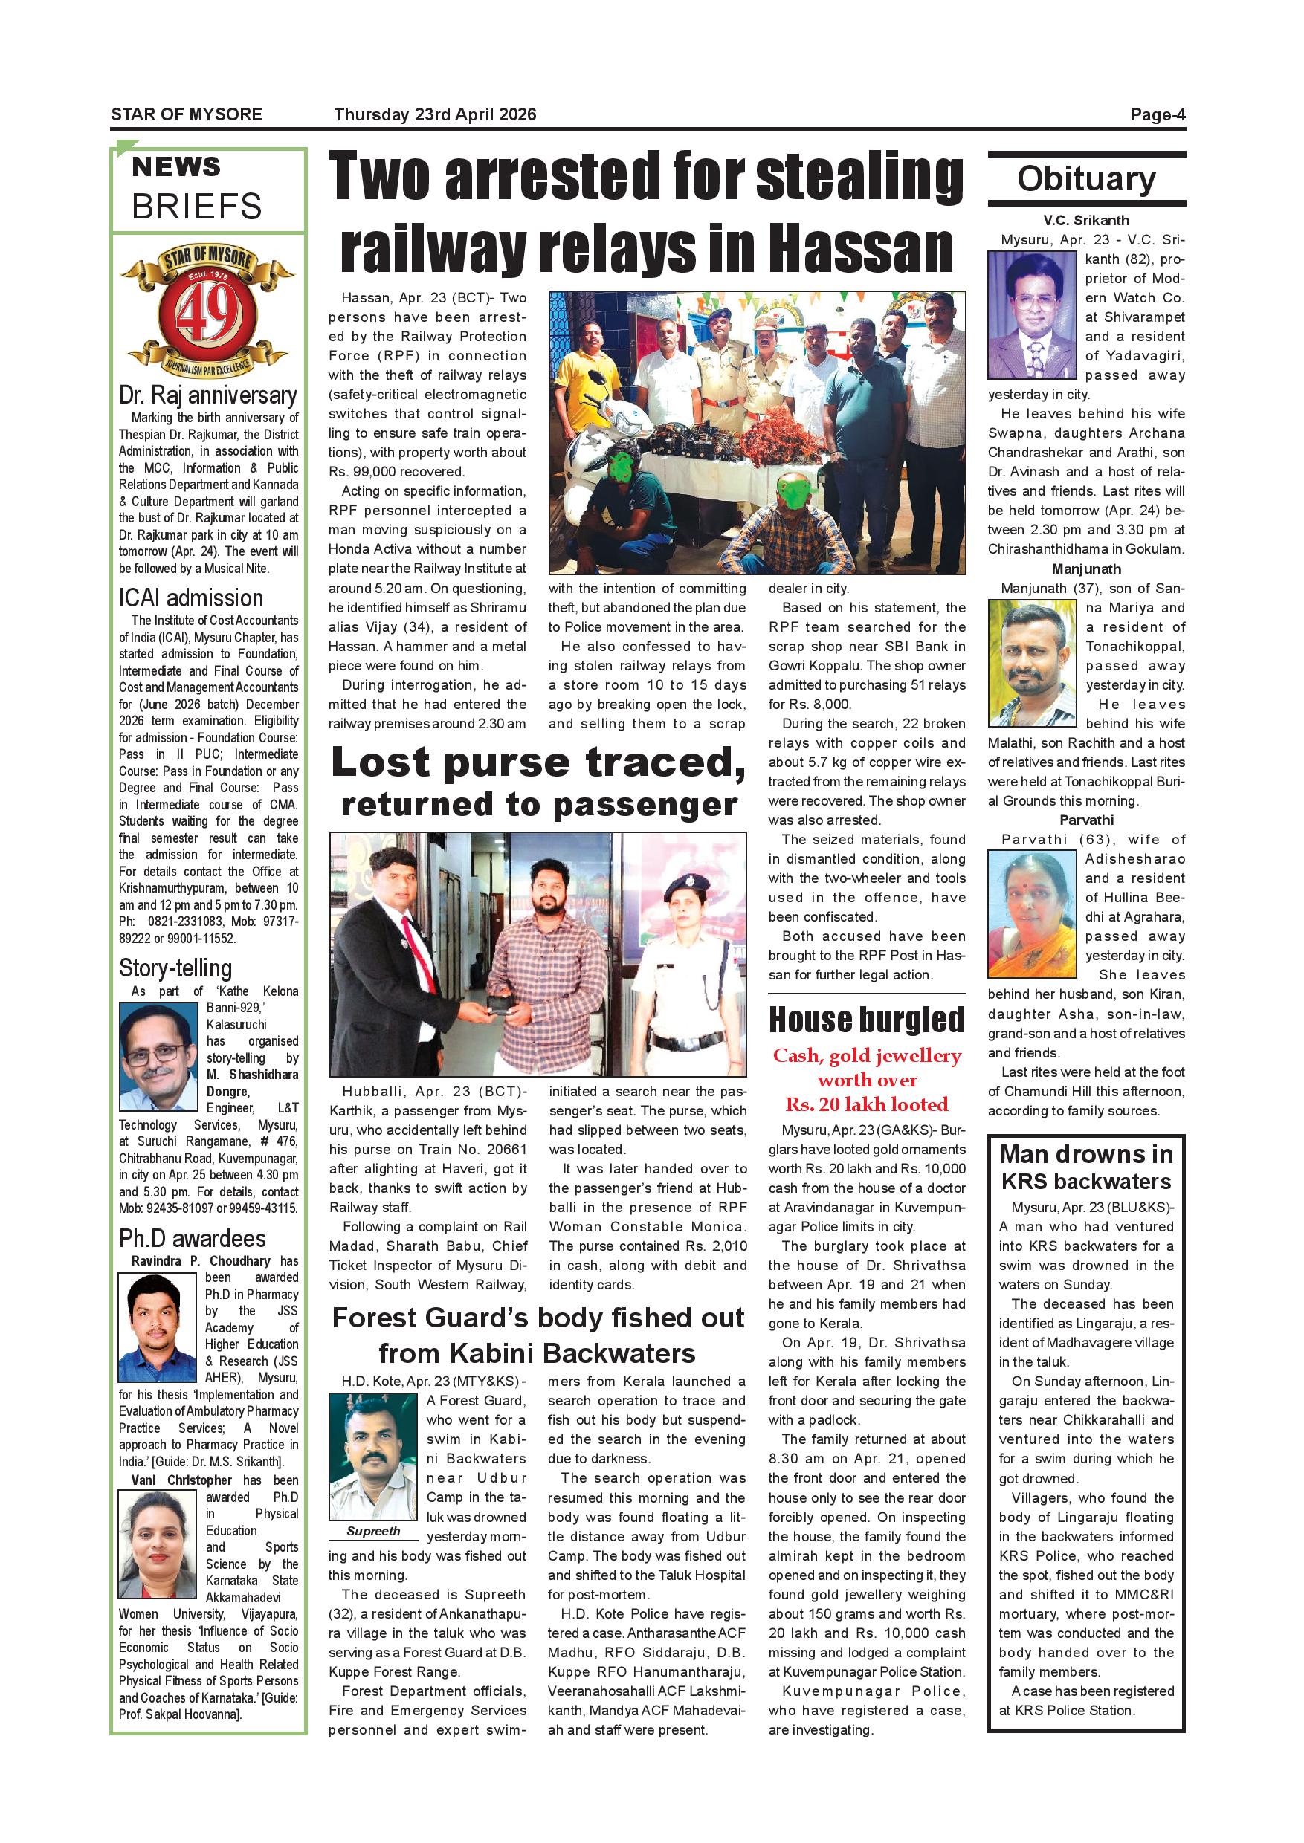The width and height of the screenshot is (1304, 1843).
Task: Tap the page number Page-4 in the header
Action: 1157,114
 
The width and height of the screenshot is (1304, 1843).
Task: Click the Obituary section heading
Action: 1086,179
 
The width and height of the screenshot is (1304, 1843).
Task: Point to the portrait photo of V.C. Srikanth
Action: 1032,314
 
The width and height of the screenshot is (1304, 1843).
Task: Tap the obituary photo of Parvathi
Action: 1032,913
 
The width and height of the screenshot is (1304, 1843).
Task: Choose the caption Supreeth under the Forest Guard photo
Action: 373,1531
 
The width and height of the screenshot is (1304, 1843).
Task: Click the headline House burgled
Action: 866,1020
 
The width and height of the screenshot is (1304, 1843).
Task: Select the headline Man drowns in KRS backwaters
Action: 1085,1168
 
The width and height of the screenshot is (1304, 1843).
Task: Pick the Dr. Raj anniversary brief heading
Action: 208,396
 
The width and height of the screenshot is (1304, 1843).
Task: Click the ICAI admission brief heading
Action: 191,598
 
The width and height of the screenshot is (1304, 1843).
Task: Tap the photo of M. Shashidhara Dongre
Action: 158,1056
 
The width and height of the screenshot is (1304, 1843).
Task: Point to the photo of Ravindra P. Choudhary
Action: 158,1327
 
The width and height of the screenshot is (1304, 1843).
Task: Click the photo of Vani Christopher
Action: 158,1544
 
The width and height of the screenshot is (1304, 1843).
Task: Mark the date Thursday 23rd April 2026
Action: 434,114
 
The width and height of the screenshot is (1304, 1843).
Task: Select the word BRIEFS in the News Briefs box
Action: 197,207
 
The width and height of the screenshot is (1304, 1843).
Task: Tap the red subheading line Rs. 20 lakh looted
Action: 866,1104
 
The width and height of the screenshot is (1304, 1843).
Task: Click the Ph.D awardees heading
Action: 192,1239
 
